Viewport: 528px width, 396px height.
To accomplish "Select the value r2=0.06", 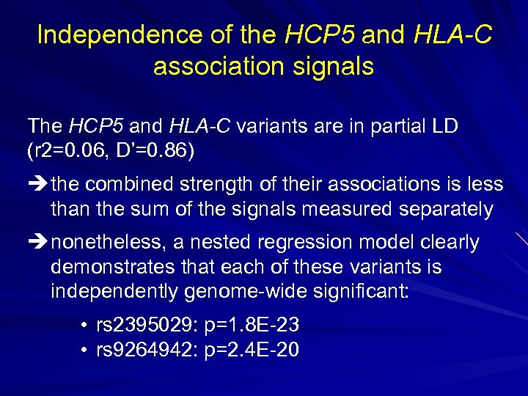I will (x=71, y=152).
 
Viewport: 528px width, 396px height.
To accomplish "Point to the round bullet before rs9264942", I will (x=87, y=351).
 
